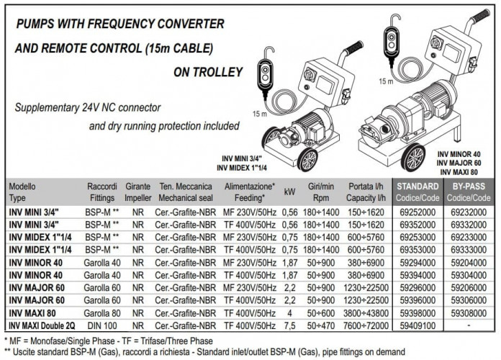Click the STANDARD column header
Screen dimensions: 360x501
419,191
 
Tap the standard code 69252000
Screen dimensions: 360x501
419,213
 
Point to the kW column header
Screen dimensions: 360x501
290,192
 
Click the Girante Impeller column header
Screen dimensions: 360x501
137,191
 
